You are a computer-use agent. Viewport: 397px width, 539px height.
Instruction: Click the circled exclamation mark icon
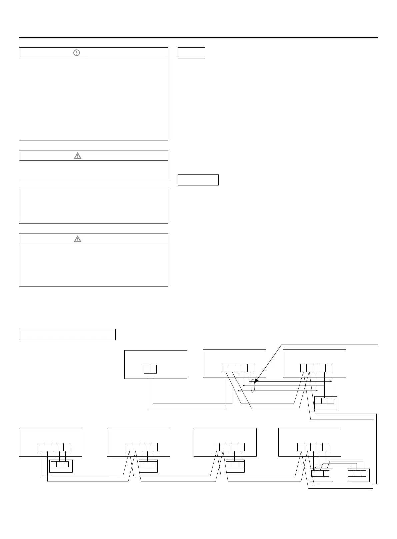tap(77, 53)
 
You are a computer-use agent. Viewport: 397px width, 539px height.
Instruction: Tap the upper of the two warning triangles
tap(77, 155)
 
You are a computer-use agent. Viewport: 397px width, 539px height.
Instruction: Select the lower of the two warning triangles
tap(77, 239)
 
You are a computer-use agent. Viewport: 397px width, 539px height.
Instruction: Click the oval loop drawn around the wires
tap(253, 386)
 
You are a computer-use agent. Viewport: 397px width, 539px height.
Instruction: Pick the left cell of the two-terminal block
tap(147, 369)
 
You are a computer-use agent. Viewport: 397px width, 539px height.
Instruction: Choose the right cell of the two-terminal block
tap(153, 369)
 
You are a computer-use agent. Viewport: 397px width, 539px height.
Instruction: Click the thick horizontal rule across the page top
tap(198, 38)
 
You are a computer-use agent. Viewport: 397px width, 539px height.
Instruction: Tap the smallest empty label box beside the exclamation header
tap(191, 53)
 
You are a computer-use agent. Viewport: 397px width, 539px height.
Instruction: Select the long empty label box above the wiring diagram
tap(67, 334)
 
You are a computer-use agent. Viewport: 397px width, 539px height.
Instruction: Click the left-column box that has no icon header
tap(93, 206)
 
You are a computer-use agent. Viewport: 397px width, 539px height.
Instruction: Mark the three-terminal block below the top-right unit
tap(325, 401)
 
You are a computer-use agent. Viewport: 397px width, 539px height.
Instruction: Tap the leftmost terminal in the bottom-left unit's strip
tap(41, 447)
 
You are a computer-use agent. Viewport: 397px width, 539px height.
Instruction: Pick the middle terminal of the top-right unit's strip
tap(316, 368)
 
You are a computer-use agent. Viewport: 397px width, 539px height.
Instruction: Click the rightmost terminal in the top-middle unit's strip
tap(251, 368)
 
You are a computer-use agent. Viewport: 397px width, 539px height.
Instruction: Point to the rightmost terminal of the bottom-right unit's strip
tap(326, 447)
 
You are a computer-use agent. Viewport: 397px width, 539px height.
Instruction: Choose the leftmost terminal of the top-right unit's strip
tap(304, 368)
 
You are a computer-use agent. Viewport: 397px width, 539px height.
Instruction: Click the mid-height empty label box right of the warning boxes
tap(198, 180)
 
